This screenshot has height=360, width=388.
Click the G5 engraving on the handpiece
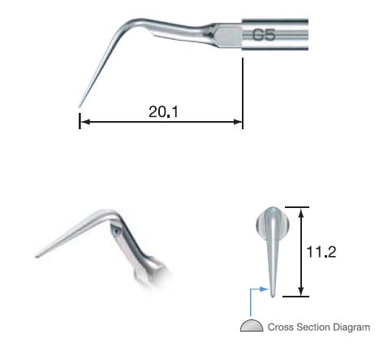point(265,35)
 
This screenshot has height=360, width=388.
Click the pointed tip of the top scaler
point(79,105)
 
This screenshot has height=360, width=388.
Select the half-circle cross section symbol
point(252,326)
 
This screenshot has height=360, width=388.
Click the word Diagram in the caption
point(351,327)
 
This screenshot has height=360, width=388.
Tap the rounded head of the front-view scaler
point(271,219)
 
